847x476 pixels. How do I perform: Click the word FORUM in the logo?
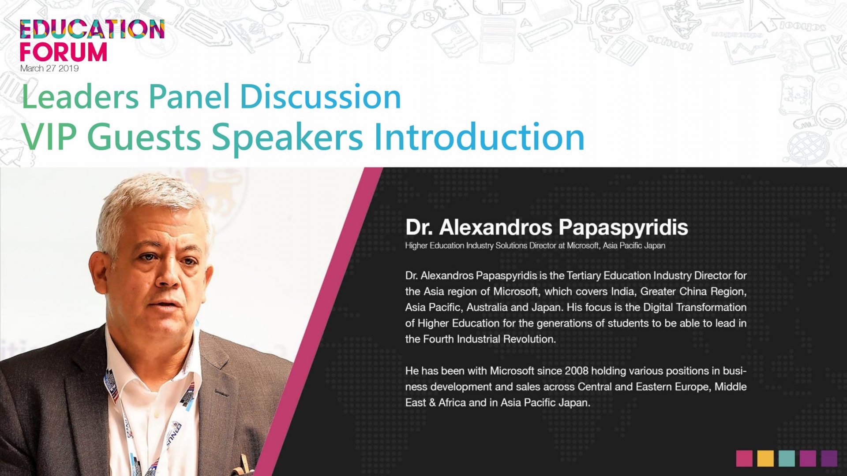(64, 52)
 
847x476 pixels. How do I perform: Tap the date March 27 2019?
(49, 68)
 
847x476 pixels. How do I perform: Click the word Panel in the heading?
(189, 97)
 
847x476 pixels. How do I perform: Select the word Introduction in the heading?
(479, 137)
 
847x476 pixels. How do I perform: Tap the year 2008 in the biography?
(577, 371)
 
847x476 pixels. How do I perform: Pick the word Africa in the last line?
(452, 402)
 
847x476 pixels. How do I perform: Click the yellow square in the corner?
(766, 458)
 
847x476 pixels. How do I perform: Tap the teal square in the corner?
(787, 458)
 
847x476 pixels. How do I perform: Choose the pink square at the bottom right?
(744, 458)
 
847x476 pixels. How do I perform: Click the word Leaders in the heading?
(80, 97)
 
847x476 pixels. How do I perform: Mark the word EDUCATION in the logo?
(92, 29)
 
